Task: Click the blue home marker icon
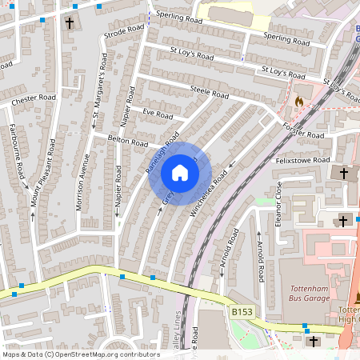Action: [180, 173]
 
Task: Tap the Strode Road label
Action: [123, 31]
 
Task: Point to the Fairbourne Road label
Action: [14, 148]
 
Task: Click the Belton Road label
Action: [127, 141]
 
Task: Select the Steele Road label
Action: [210, 93]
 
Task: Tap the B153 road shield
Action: [242, 310]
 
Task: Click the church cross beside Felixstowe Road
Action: [345, 173]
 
